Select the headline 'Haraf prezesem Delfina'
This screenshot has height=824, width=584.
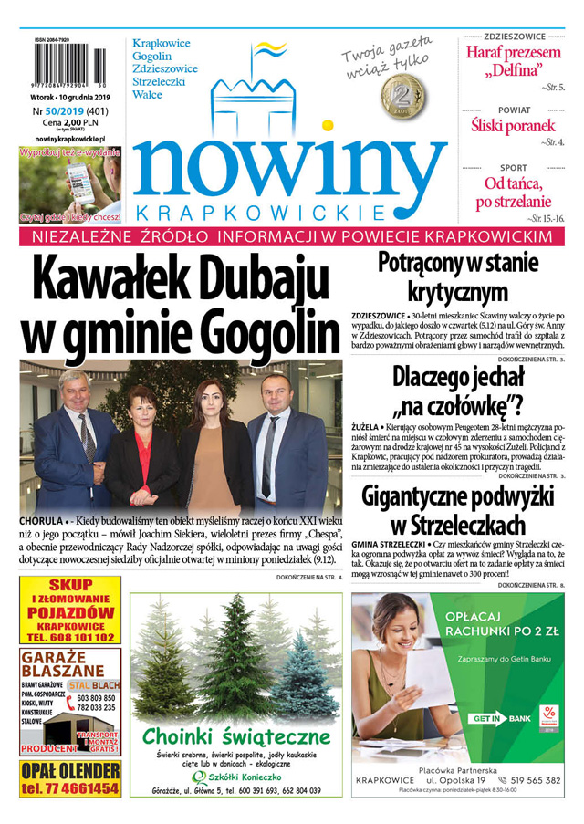(x=513, y=61)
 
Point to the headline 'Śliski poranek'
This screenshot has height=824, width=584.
(x=512, y=125)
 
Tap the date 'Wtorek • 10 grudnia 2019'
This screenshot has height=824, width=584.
(x=69, y=96)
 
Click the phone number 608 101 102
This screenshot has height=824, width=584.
(x=79, y=637)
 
